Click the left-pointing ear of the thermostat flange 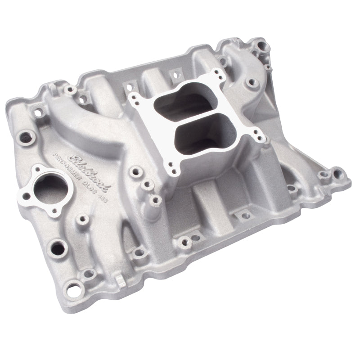tap(26, 195)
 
